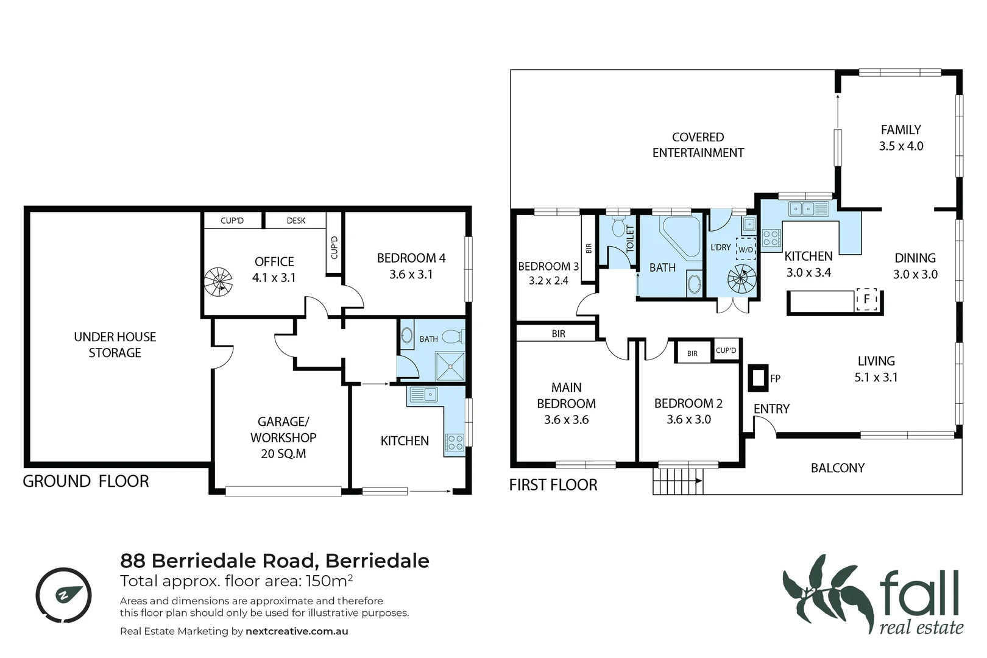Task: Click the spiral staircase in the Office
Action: click(218, 282)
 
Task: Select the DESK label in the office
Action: click(296, 221)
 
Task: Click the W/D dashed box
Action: click(746, 249)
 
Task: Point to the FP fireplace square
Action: click(759, 378)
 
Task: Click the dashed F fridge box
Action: click(866, 299)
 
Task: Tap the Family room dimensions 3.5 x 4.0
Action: click(900, 146)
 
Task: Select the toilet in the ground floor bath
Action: click(452, 337)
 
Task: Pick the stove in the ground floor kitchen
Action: click(455, 442)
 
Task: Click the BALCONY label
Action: click(837, 468)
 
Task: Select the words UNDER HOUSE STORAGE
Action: click(115, 345)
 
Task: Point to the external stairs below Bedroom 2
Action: click(677, 481)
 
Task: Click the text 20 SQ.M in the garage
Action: click(283, 454)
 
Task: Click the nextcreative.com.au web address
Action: click(297, 631)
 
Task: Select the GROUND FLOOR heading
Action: click(86, 481)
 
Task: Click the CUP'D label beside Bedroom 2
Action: click(726, 350)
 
